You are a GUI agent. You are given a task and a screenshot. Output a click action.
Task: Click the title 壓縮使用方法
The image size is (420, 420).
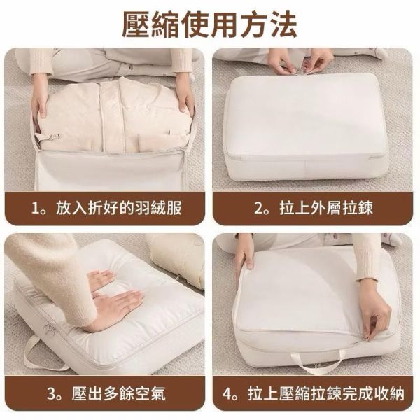[210, 24]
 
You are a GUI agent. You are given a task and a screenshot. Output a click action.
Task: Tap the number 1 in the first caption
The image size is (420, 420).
[36, 209]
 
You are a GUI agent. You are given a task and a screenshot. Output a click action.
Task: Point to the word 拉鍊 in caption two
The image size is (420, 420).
[357, 208]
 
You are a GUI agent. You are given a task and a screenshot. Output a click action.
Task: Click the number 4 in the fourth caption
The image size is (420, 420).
[227, 393]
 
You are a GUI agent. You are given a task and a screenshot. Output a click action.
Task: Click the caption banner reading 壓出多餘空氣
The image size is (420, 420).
[105, 393]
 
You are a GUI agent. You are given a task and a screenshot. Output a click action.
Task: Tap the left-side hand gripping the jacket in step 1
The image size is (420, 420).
[40, 100]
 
